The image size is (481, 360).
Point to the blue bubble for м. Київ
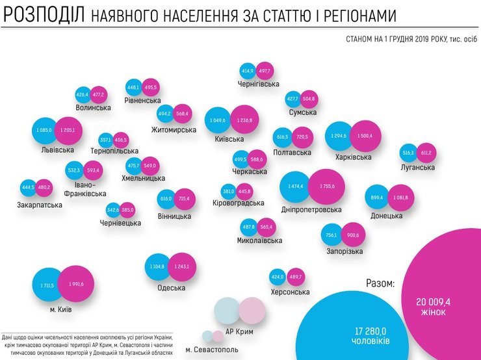[x=51, y=285]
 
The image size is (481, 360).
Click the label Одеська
[x=172, y=288]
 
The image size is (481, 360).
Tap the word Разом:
[x=380, y=284]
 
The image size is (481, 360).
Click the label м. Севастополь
[x=212, y=350]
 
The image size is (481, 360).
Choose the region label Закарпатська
[x=40, y=205]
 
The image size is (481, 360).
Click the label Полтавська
[x=292, y=153]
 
